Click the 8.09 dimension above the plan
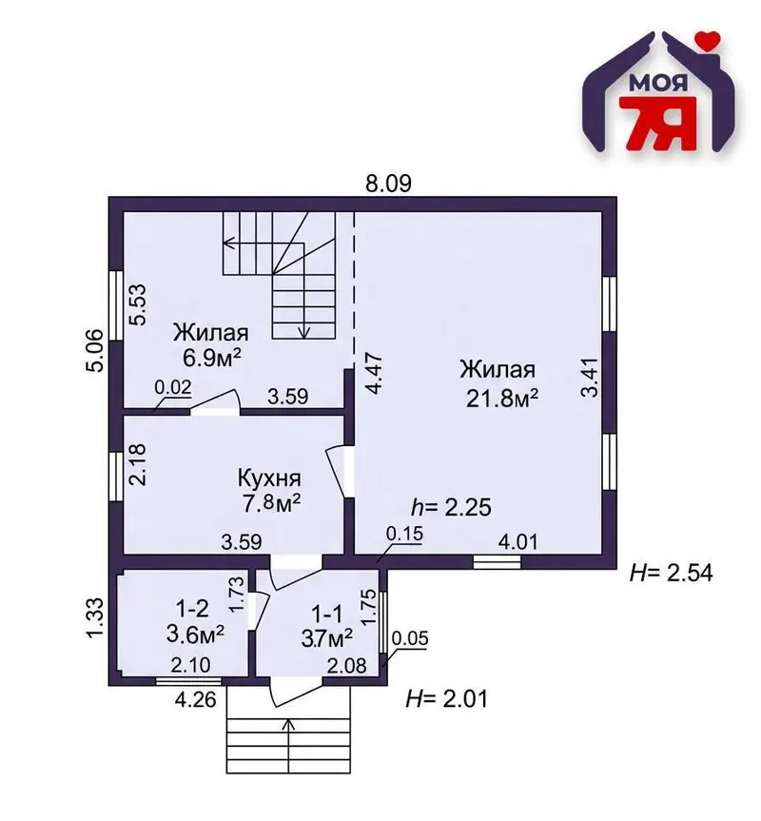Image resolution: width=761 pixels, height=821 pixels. (388, 184)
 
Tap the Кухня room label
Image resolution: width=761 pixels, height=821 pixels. (269, 478)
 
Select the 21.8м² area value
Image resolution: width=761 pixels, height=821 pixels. (501, 399)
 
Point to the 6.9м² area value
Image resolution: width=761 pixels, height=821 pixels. (211, 358)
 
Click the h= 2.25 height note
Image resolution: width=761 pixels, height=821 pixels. (451, 507)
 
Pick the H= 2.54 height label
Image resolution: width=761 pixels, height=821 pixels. (671, 573)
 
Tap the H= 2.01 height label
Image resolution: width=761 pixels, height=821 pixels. (446, 698)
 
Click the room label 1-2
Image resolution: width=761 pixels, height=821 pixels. (192, 609)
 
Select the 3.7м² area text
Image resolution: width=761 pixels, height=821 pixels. (326, 637)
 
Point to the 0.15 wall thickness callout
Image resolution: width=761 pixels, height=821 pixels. (404, 534)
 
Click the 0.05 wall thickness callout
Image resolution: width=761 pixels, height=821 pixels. (410, 638)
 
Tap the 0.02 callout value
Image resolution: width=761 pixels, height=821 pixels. (173, 387)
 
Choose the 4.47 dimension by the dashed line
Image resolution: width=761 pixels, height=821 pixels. (374, 374)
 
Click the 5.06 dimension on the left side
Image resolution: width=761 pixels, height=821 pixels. (95, 350)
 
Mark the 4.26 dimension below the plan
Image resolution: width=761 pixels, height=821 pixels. (195, 699)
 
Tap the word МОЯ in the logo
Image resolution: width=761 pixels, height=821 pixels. (657, 83)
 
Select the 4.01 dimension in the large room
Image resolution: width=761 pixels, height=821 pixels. (517, 541)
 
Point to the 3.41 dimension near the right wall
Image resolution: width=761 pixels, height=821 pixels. (590, 378)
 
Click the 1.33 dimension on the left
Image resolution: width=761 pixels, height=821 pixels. (96, 618)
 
